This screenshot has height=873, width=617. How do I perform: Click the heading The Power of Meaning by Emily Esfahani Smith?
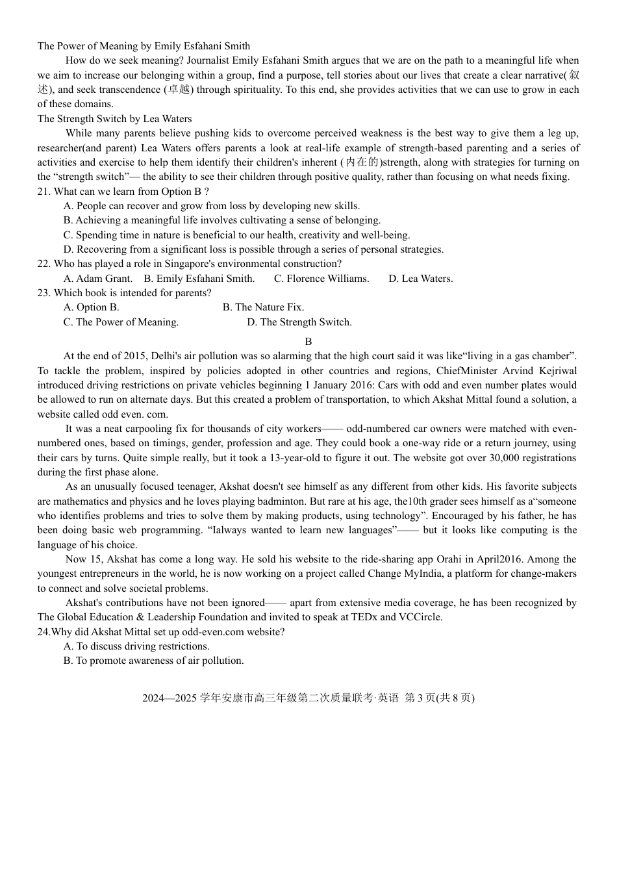click(144, 46)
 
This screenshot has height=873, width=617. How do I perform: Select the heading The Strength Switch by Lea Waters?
click(114, 119)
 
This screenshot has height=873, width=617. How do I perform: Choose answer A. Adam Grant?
click(97, 279)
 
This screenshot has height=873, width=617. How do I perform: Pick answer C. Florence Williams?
click(321, 279)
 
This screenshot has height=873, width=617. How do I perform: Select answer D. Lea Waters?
click(421, 279)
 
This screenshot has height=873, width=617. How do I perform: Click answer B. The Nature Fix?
click(263, 307)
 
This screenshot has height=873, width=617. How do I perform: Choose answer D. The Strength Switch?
click(299, 322)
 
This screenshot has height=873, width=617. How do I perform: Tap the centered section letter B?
click(308, 342)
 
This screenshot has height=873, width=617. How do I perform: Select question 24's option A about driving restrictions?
click(136, 646)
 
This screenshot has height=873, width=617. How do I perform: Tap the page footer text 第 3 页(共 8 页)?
click(439, 698)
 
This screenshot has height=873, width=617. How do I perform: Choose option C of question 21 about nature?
click(236, 235)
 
